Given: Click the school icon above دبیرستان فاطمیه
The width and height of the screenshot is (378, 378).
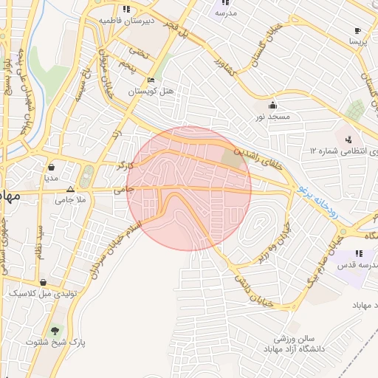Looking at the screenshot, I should tap(126, 10).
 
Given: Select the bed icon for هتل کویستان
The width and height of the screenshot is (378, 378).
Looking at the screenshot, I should tap(151, 80).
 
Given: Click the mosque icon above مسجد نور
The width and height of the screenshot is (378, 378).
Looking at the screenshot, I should tap(274, 104).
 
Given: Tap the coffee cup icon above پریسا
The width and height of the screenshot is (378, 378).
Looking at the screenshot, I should tap(358, 31).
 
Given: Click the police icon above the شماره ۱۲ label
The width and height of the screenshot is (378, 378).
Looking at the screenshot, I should tap(348, 138).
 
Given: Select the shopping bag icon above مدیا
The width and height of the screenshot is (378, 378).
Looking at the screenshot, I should tap(51, 167).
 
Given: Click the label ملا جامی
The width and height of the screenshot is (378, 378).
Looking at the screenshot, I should tap(72, 199).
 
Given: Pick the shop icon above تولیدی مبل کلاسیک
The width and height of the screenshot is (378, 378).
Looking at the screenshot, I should tap(44, 282).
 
